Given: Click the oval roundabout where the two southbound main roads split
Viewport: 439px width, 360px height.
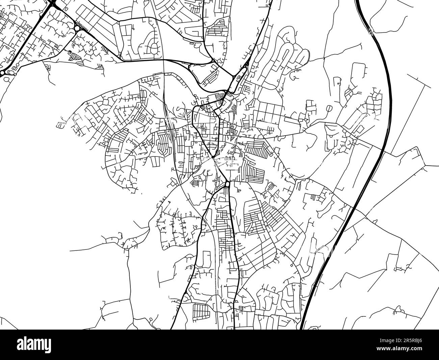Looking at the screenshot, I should tap(227, 185).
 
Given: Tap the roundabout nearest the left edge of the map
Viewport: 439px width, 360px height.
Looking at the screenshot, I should tap(2, 73).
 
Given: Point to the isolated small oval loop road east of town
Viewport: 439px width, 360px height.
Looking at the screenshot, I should tap(329, 109).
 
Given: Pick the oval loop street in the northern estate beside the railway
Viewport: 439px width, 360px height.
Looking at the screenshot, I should tap(155, 48).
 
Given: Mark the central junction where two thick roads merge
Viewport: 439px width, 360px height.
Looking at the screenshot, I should tap(213, 158).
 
